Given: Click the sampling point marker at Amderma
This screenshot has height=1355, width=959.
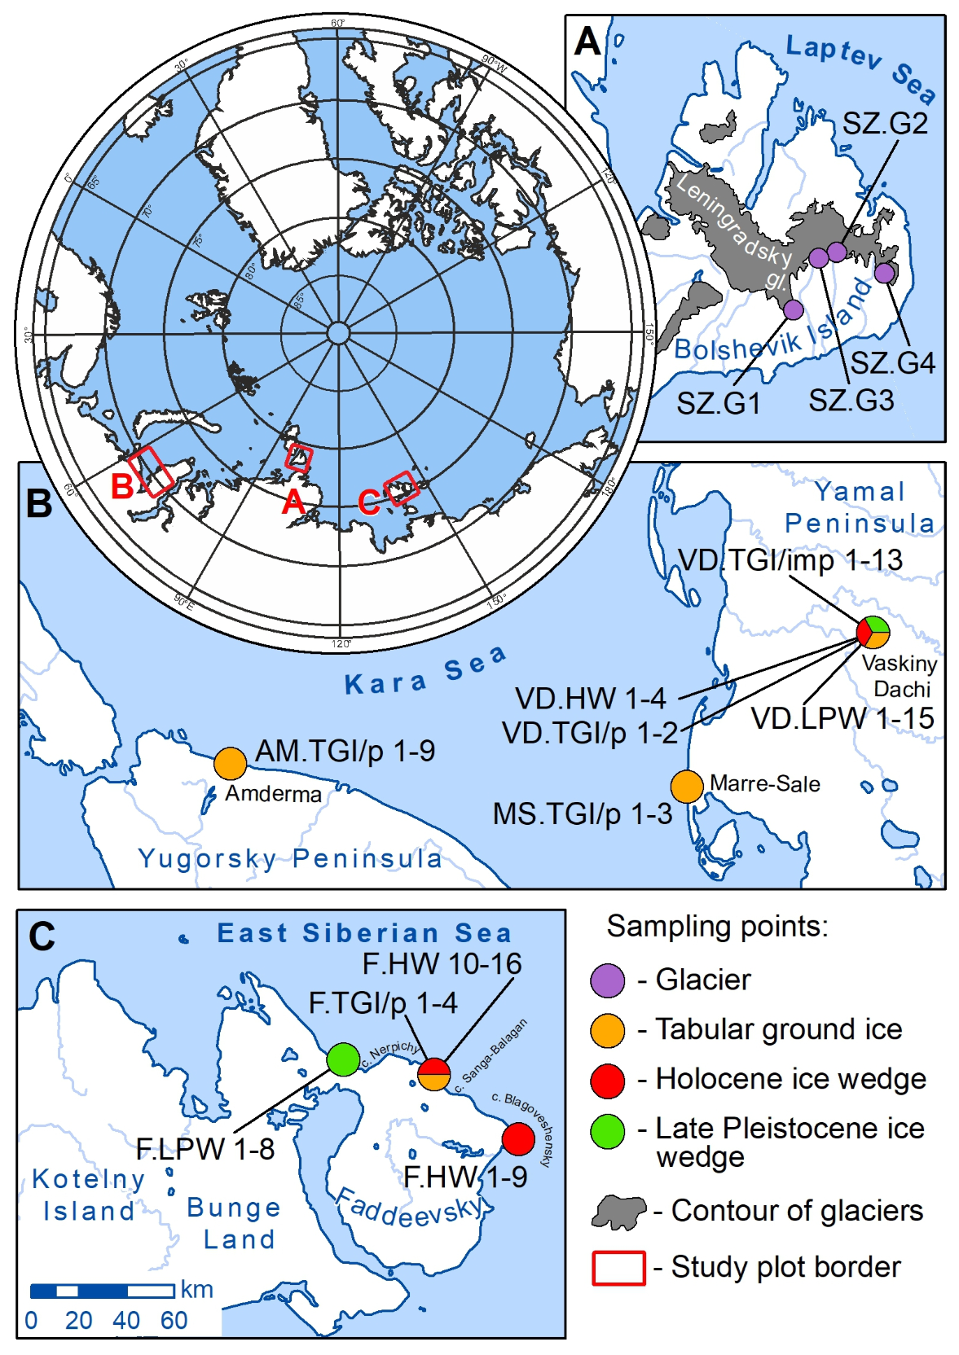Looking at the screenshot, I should pyautogui.click(x=230, y=764).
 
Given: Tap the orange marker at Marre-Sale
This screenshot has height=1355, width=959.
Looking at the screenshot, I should pyautogui.click(x=687, y=786).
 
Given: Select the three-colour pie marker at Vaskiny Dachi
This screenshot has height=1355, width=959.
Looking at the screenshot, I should pyautogui.click(x=873, y=631).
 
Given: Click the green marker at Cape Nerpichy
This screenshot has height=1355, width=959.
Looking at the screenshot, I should pyautogui.click(x=343, y=1059).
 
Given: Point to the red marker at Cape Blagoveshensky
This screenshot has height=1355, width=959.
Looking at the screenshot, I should pyautogui.click(x=518, y=1138).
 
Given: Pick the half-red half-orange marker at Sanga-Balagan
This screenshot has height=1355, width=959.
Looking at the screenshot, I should pyautogui.click(x=433, y=1074).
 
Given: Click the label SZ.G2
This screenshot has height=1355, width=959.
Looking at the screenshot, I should pyautogui.click(x=885, y=124).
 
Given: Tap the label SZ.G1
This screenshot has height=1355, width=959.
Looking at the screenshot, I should pyautogui.click(x=719, y=403).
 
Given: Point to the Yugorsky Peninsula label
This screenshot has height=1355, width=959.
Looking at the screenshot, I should pyautogui.click(x=289, y=858).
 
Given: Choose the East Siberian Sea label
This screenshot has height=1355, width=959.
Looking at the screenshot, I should pyautogui.click(x=364, y=933).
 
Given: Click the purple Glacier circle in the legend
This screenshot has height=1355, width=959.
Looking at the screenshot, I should pyautogui.click(x=608, y=980).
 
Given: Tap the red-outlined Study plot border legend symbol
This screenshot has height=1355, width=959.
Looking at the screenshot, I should pyautogui.click(x=618, y=1268).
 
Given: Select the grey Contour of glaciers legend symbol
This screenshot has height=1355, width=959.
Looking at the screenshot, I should pyautogui.click(x=618, y=1212).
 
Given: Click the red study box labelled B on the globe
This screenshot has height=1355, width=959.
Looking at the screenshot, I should pyautogui.click(x=151, y=471).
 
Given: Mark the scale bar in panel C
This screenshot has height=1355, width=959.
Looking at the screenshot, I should pyautogui.click(x=103, y=1291).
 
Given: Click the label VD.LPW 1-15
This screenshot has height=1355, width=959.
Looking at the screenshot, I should pyautogui.click(x=842, y=718).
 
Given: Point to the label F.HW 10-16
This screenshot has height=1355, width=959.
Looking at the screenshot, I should pyautogui.click(x=442, y=964).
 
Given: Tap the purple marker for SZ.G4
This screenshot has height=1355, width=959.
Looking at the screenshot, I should pyautogui.click(x=884, y=273).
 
